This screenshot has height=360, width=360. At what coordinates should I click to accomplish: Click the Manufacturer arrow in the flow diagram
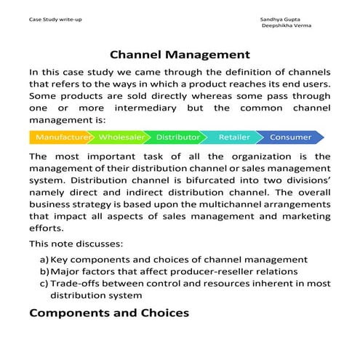click(x=61, y=137)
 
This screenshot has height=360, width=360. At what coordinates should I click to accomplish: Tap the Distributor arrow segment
click(x=178, y=137)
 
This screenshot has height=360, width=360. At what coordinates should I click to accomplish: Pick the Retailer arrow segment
click(x=234, y=137)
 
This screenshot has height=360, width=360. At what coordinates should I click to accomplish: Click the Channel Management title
click(x=180, y=55)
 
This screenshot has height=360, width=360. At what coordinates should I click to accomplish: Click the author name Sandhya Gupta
click(x=280, y=17)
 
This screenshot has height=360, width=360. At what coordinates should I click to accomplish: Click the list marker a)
click(x=44, y=260)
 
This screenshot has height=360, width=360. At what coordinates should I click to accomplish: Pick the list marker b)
click(x=44, y=271)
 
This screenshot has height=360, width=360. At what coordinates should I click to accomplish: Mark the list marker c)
click(x=44, y=284)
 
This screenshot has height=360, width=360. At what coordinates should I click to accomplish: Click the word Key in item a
click(x=60, y=260)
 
